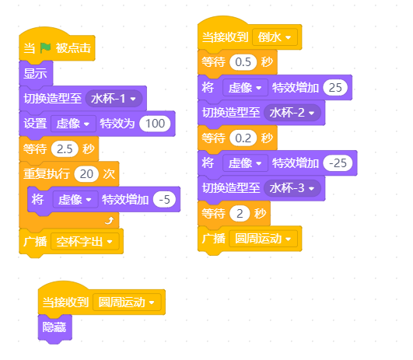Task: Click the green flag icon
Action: pyautogui.click(x=45, y=48)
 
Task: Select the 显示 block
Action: pyautogui.click(x=36, y=73)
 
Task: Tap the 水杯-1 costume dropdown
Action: pyautogui.click(x=114, y=99)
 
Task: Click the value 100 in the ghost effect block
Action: pyautogui.click(x=155, y=124)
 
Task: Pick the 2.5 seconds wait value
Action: pyautogui.click(x=65, y=149)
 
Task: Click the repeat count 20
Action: pyautogui.click(x=86, y=174)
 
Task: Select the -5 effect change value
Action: pyautogui.click(x=165, y=200)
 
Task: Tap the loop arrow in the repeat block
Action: pyautogui.click(x=110, y=220)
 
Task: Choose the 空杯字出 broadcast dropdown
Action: pyautogui.click(x=85, y=242)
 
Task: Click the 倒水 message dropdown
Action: pyautogui.click(x=275, y=37)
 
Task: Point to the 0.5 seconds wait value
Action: pyautogui.click(x=243, y=62)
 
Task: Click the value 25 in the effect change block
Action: pyautogui.click(x=335, y=88)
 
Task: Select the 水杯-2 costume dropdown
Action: pyautogui.click(x=292, y=113)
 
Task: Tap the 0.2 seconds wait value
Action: pyautogui.click(x=243, y=138)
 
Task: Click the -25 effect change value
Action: pyautogui.click(x=338, y=163)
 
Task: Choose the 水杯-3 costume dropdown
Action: pyautogui.click(x=292, y=188)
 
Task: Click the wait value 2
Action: pyautogui.click(x=240, y=213)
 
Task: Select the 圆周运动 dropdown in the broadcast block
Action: pyautogui.click(x=264, y=239)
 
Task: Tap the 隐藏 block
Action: pyautogui.click(x=54, y=327)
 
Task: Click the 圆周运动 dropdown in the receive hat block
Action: pyautogui.click(x=127, y=302)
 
